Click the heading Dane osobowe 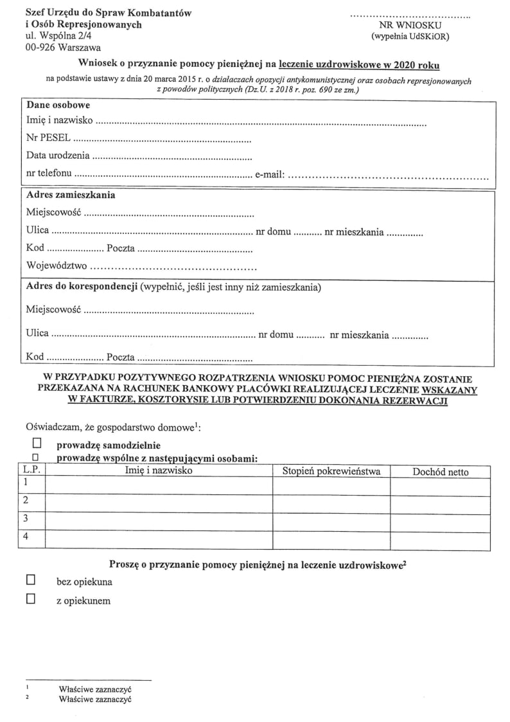(x=58, y=105)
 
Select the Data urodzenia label (x=58, y=156)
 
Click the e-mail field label (x=270, y=174)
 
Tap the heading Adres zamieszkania (x=71, y=195)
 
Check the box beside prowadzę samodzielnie (x=37, y=444)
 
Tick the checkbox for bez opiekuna (x=30, y=581)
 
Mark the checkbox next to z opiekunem (x=30, y=600)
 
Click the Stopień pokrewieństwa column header (x=331, y=472)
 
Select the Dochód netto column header (x=440, y=472)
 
